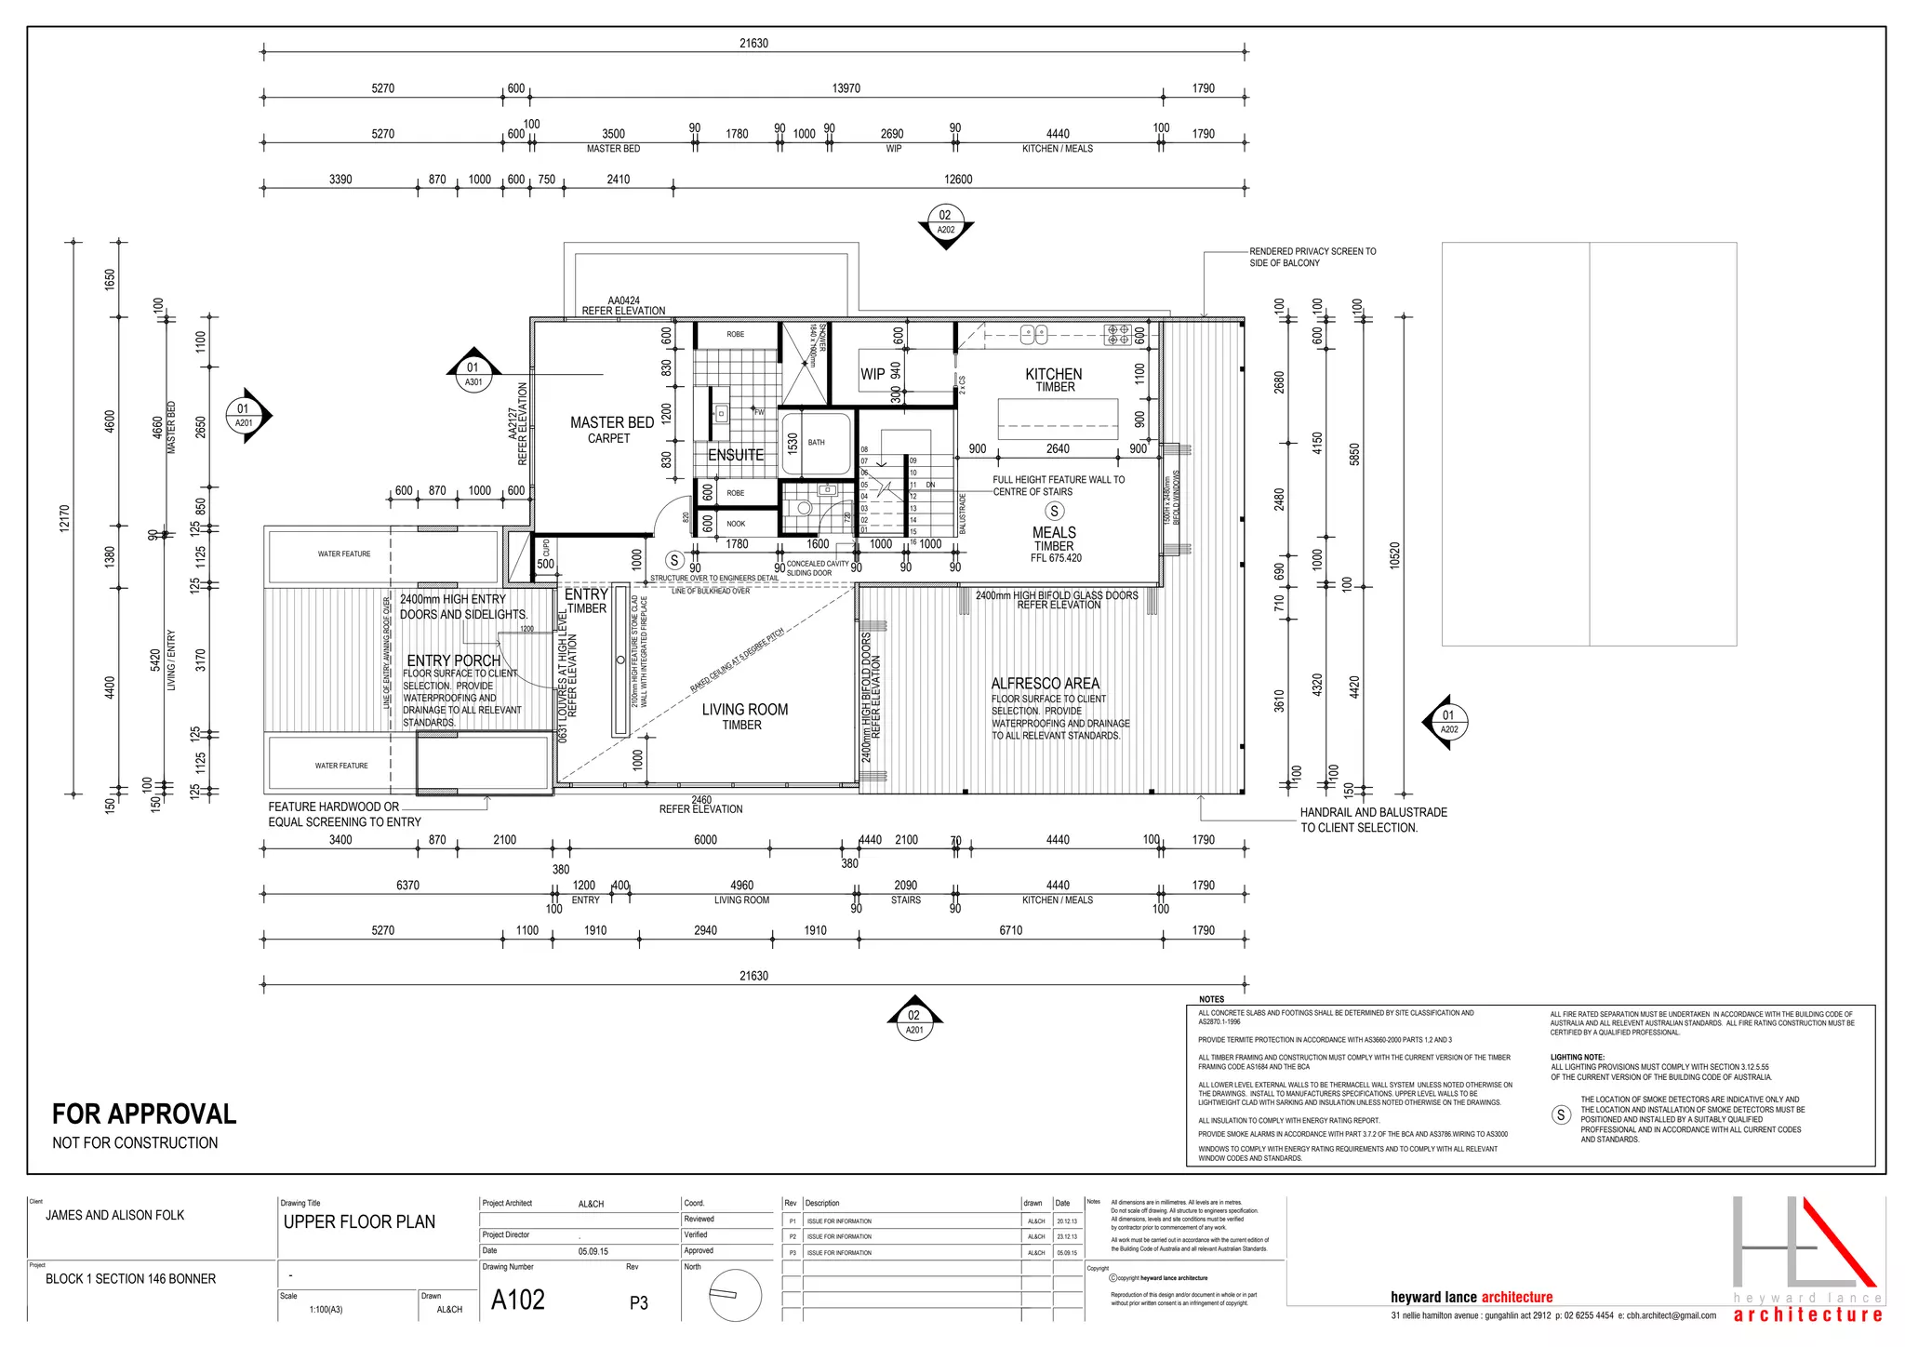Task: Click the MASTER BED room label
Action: click(611, 422)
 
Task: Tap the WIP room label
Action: click(872, 374)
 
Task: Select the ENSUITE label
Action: click(735, 455)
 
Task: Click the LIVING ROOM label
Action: click(744, 710)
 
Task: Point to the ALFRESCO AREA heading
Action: click(1045, 684)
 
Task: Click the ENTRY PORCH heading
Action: click(453, 660)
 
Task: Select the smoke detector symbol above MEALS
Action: click(1054, 511)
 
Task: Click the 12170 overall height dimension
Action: click(64, 518)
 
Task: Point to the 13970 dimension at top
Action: click(846, 88)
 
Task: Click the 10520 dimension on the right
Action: click(1394, 555)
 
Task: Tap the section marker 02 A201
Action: click(914, 1021)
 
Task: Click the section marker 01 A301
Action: click(473, 374)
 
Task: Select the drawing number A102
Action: click(518, 1300)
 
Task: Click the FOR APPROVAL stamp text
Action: click(144, 1114)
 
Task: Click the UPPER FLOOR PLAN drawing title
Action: click(359, 1222)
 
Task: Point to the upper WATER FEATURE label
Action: click(343, 554)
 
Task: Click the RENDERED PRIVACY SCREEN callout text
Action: click(1312, 257)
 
